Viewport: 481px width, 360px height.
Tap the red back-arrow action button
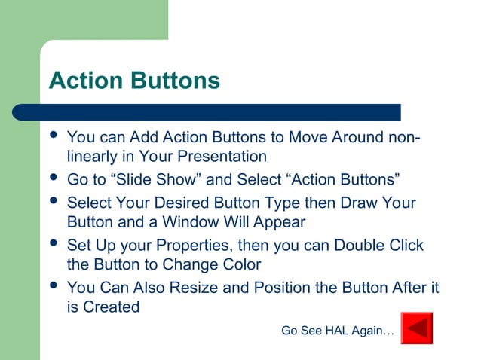coord(416,328)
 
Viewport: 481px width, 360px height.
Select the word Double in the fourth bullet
coord(358,246)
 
